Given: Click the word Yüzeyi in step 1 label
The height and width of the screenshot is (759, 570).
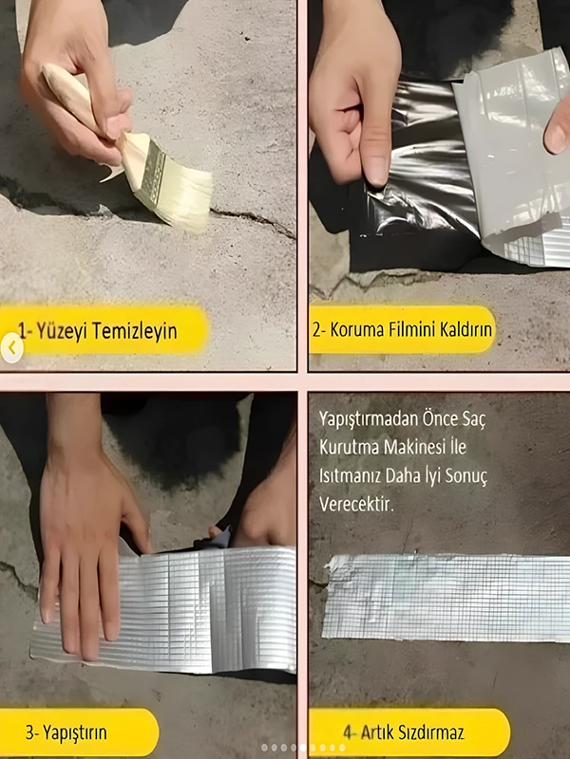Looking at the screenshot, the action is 61,330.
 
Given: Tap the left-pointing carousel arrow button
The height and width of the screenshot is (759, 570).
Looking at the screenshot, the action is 11,347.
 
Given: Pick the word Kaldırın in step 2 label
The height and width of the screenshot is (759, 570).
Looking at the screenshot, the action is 465,329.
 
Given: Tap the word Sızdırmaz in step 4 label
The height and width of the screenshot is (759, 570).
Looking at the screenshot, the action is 433,732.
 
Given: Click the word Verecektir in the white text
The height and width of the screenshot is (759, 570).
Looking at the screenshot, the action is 357,505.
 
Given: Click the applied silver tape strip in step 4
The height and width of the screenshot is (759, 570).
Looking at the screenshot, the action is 446,598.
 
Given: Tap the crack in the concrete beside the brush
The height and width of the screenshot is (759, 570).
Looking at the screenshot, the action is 252,221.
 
